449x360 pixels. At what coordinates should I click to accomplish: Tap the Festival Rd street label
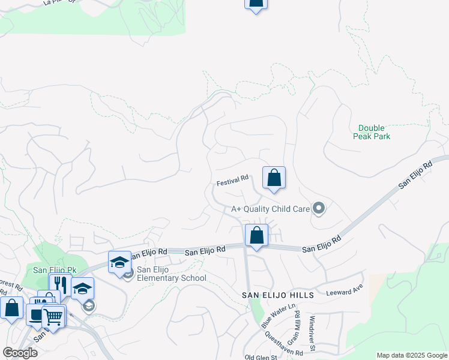[x=233, y=179]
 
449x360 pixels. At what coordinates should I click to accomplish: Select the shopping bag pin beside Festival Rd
[x=274, y=178]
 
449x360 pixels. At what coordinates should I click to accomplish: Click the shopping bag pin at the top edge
[x=256, y=4]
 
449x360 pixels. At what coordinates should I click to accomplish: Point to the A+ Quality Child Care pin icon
[x=319, y=209]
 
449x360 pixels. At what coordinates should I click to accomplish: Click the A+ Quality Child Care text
[x=270, y=209]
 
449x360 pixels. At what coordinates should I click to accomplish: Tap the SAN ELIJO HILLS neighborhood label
[x=278, y=296]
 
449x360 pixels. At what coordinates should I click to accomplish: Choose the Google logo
[x=20, y=353]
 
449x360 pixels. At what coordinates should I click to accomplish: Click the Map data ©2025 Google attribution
[x=411, y=355]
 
